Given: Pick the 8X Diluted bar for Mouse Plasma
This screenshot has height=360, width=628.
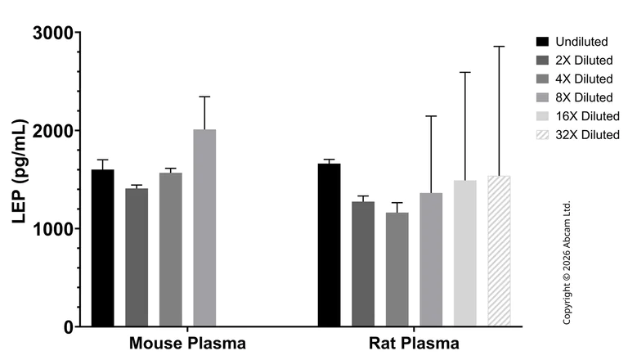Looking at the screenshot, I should (x=204, y=228).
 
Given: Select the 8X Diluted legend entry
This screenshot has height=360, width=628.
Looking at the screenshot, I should (x=576, y=97).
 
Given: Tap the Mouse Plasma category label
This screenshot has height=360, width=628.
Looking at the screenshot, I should (x=187, y=343).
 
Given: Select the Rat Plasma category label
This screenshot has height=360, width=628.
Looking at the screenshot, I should (x=413, y=343).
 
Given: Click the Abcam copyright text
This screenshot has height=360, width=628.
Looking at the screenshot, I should (x=567, y=262).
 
